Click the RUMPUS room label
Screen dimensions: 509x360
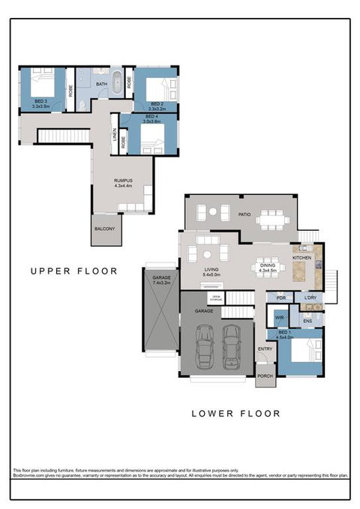[x=123, y=181]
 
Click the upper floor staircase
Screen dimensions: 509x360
[x=53, y=136]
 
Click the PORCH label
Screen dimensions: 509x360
[x=265, y=376]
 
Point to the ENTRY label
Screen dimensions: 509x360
[x=265, y=349]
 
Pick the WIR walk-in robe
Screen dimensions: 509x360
[x=278, y=318]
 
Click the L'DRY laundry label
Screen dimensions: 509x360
[x=310, y=298]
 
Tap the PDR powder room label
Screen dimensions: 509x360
[x=280, y=298]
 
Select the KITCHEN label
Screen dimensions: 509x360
[x=301, y=257]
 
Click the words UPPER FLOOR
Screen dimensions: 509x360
[x=73, y=271]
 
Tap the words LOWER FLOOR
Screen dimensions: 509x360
[x=235, y=413]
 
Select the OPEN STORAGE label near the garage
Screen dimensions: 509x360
[x=216, y=298]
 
